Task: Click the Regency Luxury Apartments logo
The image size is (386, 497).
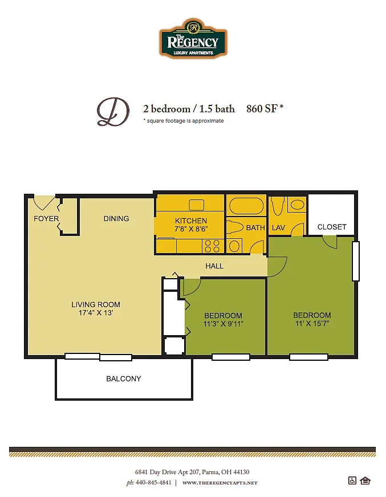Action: coord(193,38)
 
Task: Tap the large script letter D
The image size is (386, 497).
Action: coord(113,112)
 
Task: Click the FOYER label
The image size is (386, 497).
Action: coord(46,219)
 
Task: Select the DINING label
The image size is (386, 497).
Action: coord(116,219)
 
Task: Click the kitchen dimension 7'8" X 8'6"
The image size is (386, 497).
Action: coord(191,229)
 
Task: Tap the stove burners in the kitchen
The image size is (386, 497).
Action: coord(212,246)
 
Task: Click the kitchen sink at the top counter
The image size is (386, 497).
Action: coord(197,205)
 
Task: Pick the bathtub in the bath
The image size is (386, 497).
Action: coord(246,206)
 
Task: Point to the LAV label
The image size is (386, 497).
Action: coord(278,227)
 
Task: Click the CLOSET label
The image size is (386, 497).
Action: coord(332,227)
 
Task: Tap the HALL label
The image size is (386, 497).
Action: coord(214,266)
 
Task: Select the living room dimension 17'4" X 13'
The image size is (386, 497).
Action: coord(96,313)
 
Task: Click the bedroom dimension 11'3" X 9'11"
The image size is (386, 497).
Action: coord(224,324)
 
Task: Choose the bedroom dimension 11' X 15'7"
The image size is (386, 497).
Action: coord(312,323)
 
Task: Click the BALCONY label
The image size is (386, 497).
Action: coord(124,378)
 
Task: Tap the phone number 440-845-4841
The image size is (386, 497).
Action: coord(153,483)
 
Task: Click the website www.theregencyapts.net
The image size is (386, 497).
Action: coord(220,483)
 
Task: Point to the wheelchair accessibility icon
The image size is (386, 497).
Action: coord(352,480)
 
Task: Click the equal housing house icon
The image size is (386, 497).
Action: coord(365,480)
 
